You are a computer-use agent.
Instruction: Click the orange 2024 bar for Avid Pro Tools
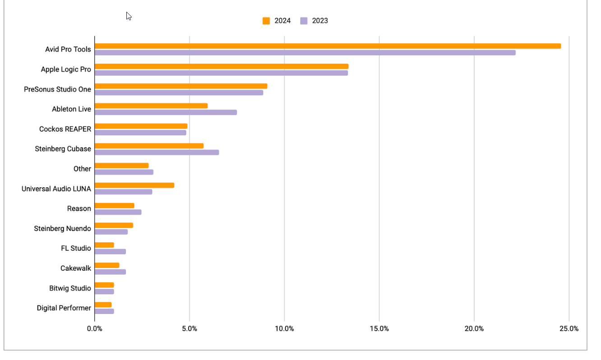328,46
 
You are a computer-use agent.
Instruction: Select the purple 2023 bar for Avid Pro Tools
305,53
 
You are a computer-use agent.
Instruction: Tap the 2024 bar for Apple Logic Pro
222,66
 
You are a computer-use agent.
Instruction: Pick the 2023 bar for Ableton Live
166,112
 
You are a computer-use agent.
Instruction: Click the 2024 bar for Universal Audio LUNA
134,185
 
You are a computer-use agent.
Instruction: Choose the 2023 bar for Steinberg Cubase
157,152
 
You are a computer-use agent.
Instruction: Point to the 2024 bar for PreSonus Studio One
181,86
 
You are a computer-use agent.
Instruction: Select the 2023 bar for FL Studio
110,252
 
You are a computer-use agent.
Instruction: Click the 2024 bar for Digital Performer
103,305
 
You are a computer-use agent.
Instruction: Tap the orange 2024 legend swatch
266,21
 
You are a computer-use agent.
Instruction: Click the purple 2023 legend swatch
304,21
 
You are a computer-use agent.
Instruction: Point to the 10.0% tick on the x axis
284,328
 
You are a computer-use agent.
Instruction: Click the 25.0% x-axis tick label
569,328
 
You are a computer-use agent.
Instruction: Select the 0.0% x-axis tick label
95,328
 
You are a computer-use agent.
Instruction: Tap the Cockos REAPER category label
65,129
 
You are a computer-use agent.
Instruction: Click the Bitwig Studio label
70,288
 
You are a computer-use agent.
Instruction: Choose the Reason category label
79,208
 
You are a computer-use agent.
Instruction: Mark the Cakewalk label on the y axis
76,268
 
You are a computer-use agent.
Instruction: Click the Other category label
82,169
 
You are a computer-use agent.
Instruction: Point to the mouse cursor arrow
129,16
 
